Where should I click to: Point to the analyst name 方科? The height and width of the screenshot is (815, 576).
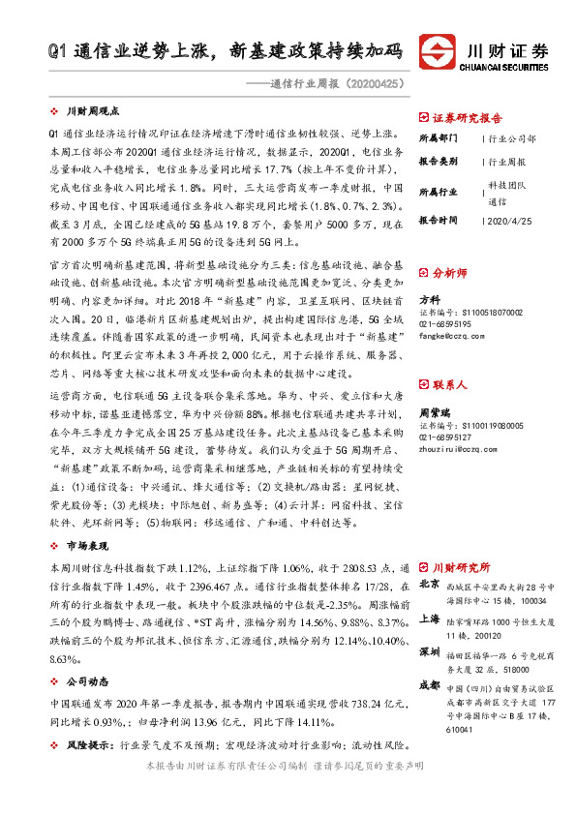pos(428,299)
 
